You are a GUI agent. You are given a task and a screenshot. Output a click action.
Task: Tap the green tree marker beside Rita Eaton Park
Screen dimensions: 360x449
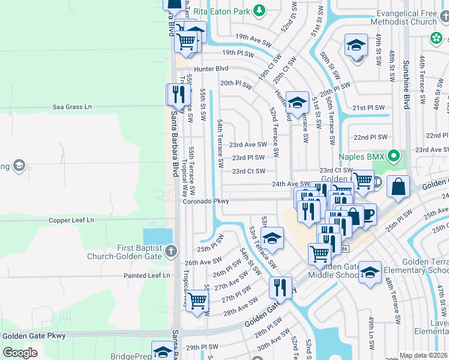(259, 10)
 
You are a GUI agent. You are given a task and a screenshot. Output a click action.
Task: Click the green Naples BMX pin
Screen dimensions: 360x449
(394, 157)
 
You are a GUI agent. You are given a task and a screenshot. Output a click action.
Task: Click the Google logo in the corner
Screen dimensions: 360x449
(20, 352)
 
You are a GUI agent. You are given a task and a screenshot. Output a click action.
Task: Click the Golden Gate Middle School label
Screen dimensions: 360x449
(333, 271)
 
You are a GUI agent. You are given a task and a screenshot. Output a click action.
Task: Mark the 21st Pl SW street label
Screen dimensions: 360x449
(368, 107)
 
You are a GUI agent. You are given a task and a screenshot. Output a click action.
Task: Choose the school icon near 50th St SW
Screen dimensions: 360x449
(356, 45)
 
